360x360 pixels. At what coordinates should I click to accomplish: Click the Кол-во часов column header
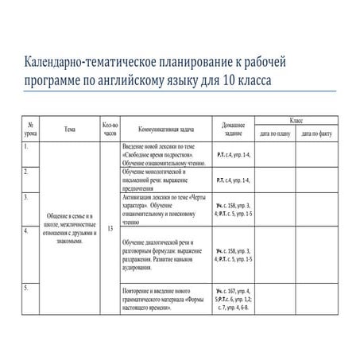point(110,129)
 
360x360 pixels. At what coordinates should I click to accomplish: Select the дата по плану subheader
point(275,134)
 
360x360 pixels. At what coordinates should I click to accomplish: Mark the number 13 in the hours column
point(110,227)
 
